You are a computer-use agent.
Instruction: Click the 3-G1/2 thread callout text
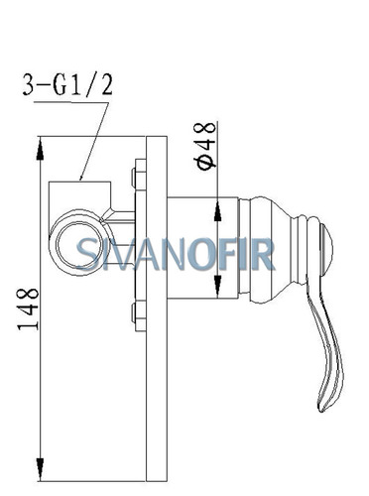[67, 84]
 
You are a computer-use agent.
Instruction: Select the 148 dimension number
[28, 310]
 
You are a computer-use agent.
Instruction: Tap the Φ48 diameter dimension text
[206, 146]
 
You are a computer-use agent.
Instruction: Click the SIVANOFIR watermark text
[176, 254]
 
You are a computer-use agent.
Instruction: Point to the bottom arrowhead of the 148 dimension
[40, 468]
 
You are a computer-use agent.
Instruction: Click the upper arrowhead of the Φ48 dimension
[217, 210]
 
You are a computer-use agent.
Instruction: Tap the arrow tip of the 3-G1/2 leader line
[79, 181]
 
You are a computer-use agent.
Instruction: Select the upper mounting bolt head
[139, 175]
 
